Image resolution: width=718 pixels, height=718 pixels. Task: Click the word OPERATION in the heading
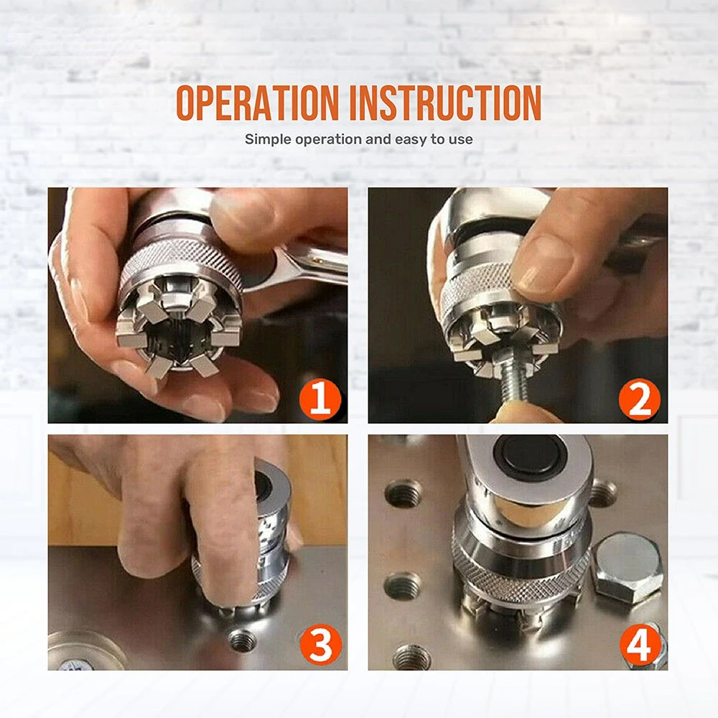258,103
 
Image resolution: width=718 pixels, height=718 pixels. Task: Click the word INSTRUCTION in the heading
446,103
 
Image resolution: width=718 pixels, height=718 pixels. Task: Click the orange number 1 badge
320,398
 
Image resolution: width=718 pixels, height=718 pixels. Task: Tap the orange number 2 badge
639,398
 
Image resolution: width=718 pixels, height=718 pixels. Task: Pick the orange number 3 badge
320,645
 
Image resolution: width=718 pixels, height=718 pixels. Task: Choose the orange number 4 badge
640,645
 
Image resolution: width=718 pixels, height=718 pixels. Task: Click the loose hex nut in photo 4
626,567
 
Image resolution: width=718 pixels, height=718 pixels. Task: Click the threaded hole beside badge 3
242,640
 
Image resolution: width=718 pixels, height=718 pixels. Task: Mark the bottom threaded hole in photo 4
412,657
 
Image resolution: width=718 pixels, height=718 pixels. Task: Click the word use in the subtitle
461,140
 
